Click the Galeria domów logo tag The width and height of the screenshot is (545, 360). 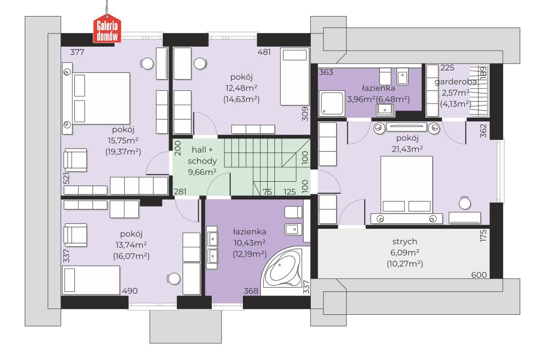107,29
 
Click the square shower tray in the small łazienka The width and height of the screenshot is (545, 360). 332,103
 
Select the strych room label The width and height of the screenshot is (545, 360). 405,241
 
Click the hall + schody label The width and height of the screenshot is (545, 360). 202,155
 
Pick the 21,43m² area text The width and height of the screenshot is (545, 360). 407,149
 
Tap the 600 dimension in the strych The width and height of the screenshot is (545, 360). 478,275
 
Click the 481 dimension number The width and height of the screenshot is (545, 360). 264,52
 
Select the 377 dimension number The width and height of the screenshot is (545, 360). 77,52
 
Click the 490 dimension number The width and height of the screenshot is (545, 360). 130,291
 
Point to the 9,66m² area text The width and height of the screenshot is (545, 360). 202,171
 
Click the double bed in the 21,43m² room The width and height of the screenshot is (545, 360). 407,184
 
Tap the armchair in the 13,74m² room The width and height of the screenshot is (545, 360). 75,235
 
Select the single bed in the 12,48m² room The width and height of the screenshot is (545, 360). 294,76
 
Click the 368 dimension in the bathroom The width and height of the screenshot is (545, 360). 251,291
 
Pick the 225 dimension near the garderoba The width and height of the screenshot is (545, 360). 447,68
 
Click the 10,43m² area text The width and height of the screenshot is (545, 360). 249,242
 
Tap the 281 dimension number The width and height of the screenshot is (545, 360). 180,191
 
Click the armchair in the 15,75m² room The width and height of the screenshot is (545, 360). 75,160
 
